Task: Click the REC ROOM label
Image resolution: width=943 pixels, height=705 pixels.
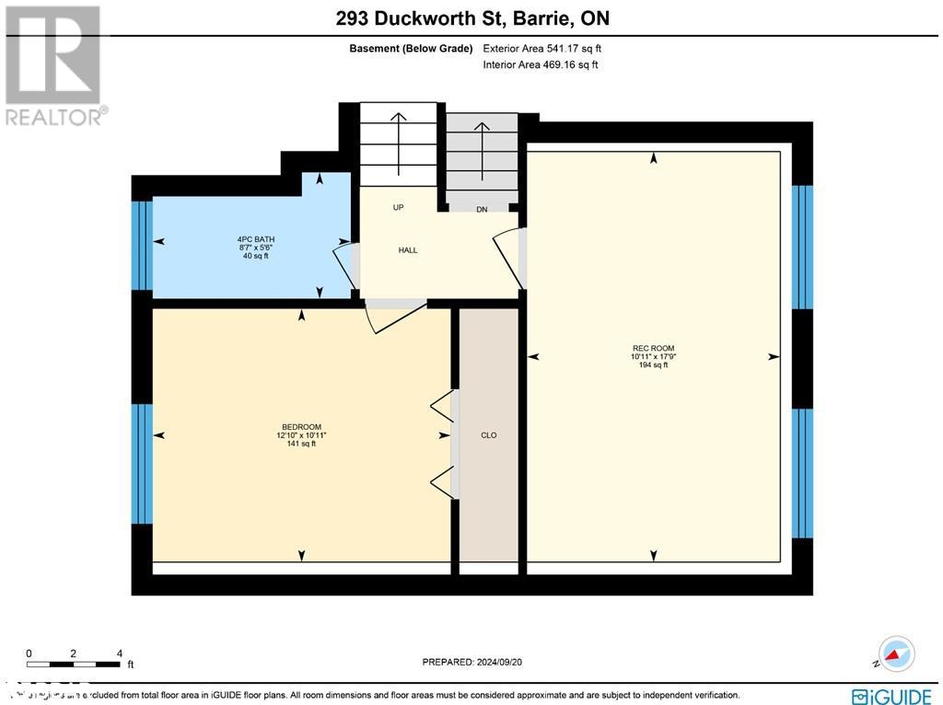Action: point(653,348)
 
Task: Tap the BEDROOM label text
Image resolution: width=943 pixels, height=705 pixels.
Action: point(301,426)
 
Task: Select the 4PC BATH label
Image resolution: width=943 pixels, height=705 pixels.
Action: point(255,239)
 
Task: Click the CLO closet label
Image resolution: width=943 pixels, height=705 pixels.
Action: point(488,435)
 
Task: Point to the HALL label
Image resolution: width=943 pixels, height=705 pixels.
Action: point(408,250)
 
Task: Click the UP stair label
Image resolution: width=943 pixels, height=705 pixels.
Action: point(399,207)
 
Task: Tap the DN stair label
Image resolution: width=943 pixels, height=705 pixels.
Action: point(482,210)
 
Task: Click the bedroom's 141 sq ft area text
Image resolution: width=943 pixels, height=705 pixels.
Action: point(301,444)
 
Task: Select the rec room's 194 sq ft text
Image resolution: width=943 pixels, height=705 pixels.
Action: point(653,365)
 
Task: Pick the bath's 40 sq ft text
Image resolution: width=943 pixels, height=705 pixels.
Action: point(255,256)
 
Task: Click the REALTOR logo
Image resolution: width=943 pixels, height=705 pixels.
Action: point(54,64)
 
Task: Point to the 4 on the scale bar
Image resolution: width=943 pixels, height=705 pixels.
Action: point(120,653)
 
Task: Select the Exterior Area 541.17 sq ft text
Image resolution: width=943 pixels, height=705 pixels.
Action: point(542,49)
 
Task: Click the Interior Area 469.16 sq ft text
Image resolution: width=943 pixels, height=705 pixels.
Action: point(541,65)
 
